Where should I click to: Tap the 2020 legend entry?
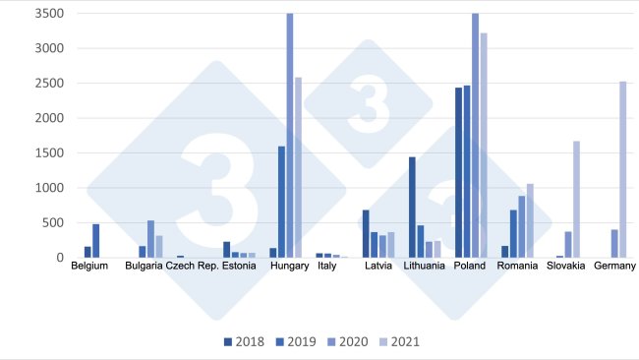tap(358, 342)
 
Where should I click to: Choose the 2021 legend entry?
tap(413, 342)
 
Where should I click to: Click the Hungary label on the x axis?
tap(289, 266)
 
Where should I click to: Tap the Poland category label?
tap(470, 266)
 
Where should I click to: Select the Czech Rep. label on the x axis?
tap(192, 266)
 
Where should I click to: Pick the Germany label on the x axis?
tap(614, 266)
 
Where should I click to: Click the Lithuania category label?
tap(424, 266)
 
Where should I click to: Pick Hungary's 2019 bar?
tap(281, 202)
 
